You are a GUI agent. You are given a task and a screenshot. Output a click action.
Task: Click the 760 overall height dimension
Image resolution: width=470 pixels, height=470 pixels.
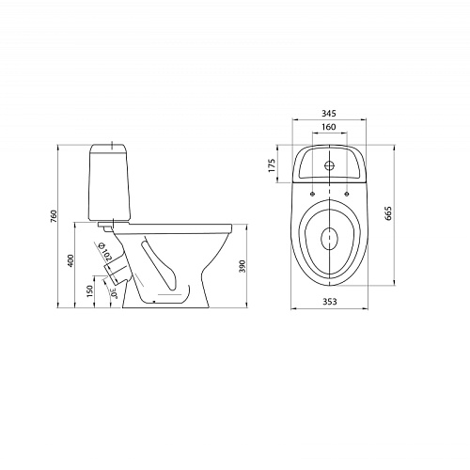[54, 216]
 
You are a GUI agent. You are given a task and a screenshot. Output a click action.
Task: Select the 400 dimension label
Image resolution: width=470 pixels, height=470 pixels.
[70, 260]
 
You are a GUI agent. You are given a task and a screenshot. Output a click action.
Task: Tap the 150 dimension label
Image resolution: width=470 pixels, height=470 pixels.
[90, 291]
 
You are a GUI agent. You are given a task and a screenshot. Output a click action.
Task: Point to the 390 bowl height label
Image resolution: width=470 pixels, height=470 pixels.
[243, 266]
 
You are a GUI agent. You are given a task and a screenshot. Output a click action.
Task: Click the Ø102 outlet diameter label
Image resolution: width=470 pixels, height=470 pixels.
[105, 252]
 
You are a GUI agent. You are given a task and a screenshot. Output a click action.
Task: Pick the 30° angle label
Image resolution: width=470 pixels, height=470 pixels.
[114, 293]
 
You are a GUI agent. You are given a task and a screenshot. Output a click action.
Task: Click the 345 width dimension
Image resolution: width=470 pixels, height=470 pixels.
[329, 113]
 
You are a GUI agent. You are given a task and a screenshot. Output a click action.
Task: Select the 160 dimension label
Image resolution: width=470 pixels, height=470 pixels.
[329, 127]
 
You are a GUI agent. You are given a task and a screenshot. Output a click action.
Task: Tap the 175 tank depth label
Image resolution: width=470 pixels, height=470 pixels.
[272, 165]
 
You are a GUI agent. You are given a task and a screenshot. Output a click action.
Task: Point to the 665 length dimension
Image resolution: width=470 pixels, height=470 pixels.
[388, 213]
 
